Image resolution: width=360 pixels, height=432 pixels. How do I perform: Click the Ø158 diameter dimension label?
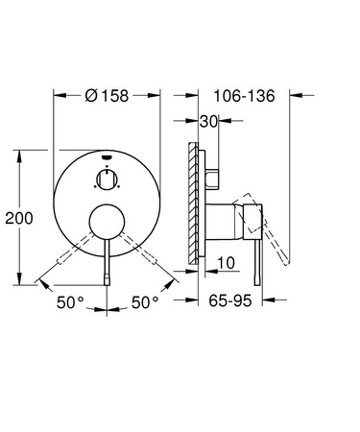(x=107, y=95)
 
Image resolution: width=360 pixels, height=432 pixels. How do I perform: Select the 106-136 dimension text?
(x=244, y=96)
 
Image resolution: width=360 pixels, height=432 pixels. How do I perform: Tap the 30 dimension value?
(x=208, y=121)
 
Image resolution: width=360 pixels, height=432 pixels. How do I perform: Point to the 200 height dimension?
(x=19, y=218)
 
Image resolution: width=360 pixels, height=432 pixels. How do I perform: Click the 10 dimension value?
(x=226, y=263)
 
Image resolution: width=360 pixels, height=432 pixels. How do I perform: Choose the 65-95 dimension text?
(x=230, y=300)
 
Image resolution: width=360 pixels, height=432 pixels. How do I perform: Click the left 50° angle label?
(x=70, y=302)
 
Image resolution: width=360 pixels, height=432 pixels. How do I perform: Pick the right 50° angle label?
(x=145, y=302)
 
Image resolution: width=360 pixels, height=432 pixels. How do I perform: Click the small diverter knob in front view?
(x=107, y=180)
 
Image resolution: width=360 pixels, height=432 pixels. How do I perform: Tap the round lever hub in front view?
(x=107, y=222)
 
